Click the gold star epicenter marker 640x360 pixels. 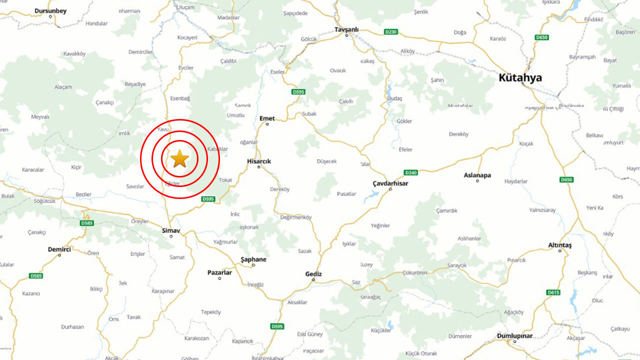[x=179, y=159]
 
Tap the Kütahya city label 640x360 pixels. [x=520, y=78]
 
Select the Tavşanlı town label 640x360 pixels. [x=346, y=29]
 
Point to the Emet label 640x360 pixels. [x=267, y=118]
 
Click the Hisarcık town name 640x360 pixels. [x=259, y=161]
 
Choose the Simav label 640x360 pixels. [x=171, y=230]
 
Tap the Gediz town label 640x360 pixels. [x=313, y=274]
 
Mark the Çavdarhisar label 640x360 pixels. [x=390, y=183]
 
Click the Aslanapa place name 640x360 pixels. [x=477, y=175]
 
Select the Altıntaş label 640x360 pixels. [x=559, y=245]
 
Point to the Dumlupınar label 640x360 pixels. [x=514, y=336]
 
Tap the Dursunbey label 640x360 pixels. [x=50, y=10]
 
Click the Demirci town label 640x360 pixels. [x=59, y=249]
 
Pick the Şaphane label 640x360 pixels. [x=253, y=259]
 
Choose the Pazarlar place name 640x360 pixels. [x=219, y=272]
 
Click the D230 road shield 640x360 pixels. [x=391, y=32]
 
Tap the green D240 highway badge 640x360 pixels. [x=410, y=172]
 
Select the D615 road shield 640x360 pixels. [x=553, y=292]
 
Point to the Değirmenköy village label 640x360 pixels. [x=295, y=217]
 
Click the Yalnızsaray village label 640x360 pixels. [x=542, y=210]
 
